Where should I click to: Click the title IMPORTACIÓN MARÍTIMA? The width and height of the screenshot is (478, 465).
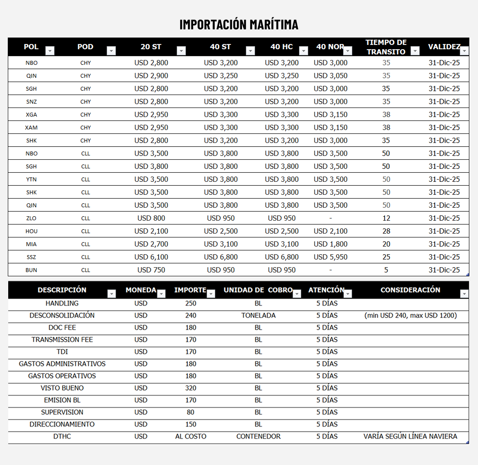pyautogui.click(x=239, y=24)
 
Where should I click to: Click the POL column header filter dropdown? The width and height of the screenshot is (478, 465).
pyautogui.click(x=50, y=51)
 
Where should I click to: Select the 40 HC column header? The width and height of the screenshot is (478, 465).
pyautogui.click(x=281, y=47)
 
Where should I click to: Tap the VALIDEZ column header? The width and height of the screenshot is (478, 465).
pyautogui.click(x=444, y=47)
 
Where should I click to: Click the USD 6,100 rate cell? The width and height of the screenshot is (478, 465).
pyautogui.click(x=151, y=257)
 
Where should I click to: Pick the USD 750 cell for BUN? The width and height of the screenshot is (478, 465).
pyautogui.click(x=151, y=270)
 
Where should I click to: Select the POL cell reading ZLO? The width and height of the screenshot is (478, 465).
pyautogui.click(x=31, y=218)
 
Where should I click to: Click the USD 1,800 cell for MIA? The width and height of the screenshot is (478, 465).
pyautogui.click(x=330, y=244)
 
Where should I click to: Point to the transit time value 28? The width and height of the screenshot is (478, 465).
pyautogui.click(x=386, y=231)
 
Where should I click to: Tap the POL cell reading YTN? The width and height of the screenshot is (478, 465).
pyautogui.click(x=31, y=179)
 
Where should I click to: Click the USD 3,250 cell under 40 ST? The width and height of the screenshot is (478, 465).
pyautogui.click(x=220, y=76)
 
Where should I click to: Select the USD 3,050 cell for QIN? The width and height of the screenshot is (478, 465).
pyautogui.click(x=330, y=76)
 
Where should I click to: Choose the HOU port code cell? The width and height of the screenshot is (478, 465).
pyautogui.click(x=31, y=231)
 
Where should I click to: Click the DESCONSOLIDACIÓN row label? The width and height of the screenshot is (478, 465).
pyautogui.click(x=62, y=316)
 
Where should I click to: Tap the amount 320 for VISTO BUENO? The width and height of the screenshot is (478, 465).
pyautogui.click(x=191, y=388)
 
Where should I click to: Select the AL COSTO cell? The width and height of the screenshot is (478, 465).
pyautogui.click(x=191, y=437)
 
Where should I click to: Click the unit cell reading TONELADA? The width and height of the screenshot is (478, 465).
pyautogui.click(x=258, y=316)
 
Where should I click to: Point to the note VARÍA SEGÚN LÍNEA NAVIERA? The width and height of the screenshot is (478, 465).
pyautogui.click(x=410, y=437)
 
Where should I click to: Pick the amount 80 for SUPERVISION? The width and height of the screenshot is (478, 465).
pyautogui.click(x=191, y=412)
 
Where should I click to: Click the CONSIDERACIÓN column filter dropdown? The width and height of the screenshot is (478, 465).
pyautogui.click(x=464, y=294)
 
